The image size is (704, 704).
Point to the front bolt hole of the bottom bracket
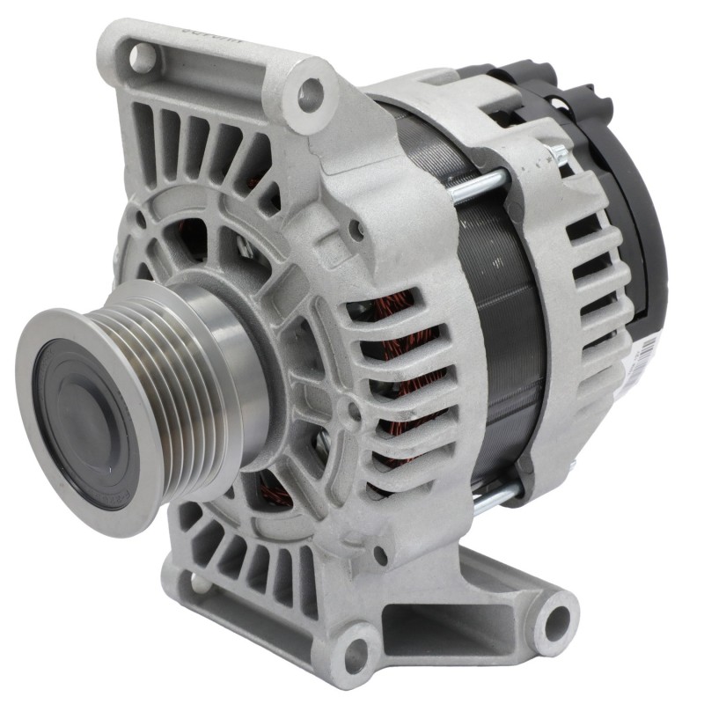[356, 649]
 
